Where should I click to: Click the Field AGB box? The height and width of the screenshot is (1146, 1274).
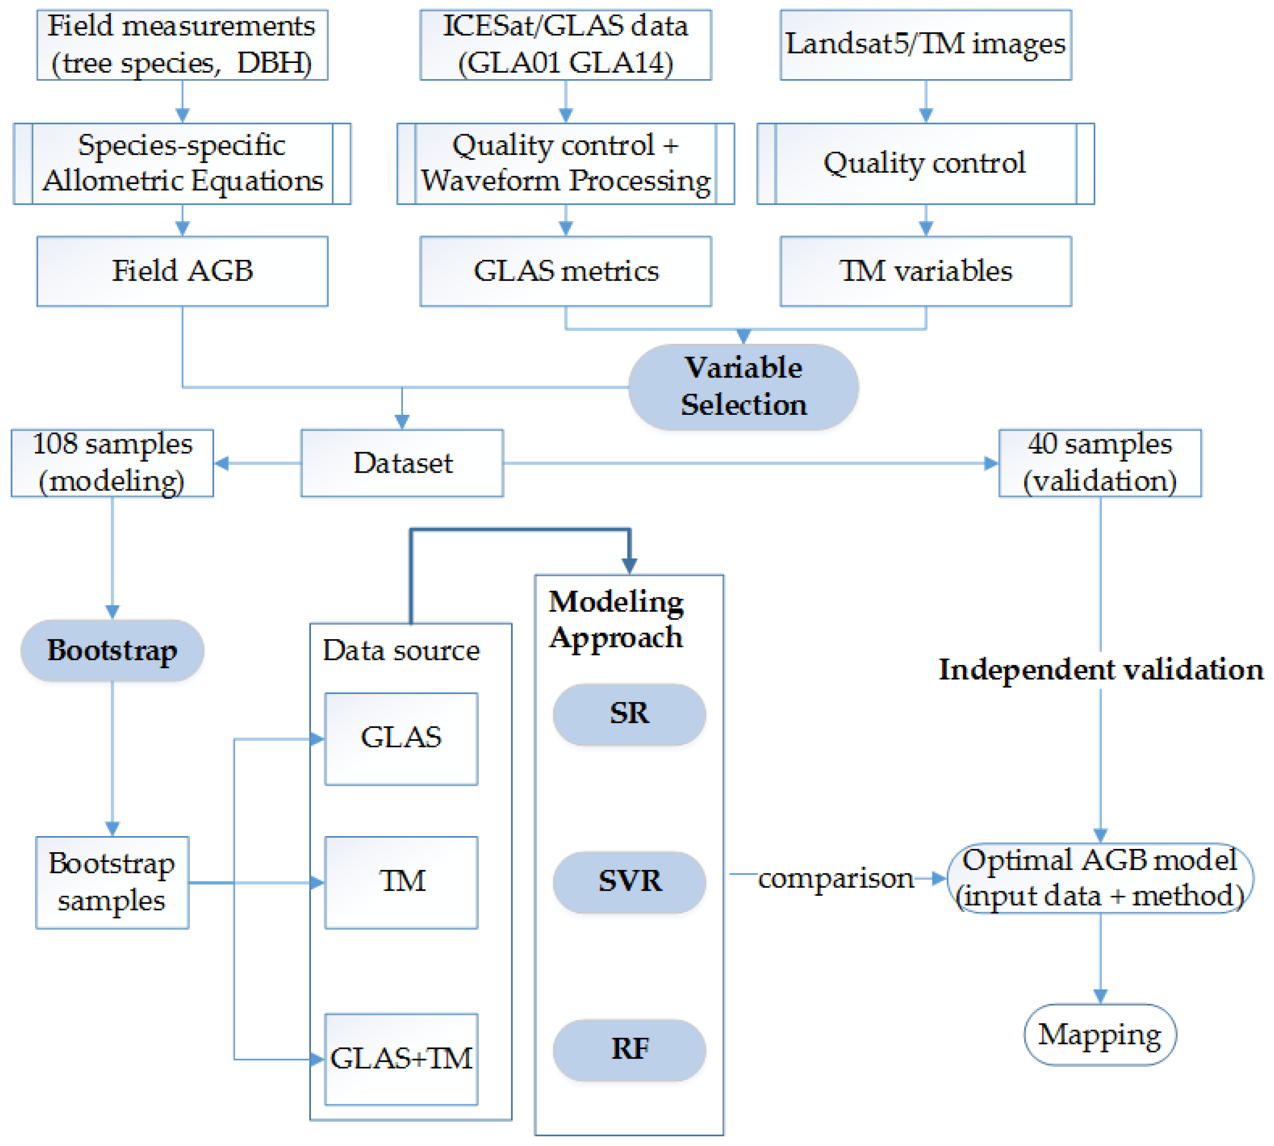click(182, 271)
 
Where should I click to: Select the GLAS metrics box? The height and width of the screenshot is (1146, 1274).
click(566, 271)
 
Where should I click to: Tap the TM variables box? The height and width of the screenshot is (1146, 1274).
click(925, 271)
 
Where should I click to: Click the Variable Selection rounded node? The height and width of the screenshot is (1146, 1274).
click(743, 387)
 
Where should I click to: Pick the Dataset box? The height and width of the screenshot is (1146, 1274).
click(402, 464)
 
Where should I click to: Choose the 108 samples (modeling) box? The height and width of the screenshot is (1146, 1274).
click(112, 464)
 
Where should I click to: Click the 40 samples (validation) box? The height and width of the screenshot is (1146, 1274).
click(1100, 464)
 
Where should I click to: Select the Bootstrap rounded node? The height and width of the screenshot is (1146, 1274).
click(112, 650)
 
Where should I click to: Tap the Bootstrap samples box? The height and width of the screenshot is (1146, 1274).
click(112, 882)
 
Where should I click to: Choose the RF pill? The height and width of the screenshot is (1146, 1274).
click(629, 1050)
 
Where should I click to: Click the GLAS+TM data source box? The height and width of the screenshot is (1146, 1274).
click(401, 1059)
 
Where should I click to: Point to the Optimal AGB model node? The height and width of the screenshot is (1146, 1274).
click(1100, 878)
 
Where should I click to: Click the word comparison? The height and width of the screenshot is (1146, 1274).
click(835, 878)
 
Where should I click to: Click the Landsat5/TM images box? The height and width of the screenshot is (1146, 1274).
click(925, 45)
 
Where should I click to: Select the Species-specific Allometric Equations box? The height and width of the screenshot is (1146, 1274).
click(182, 164)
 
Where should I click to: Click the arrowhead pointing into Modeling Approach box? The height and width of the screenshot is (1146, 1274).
click(629, 566)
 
